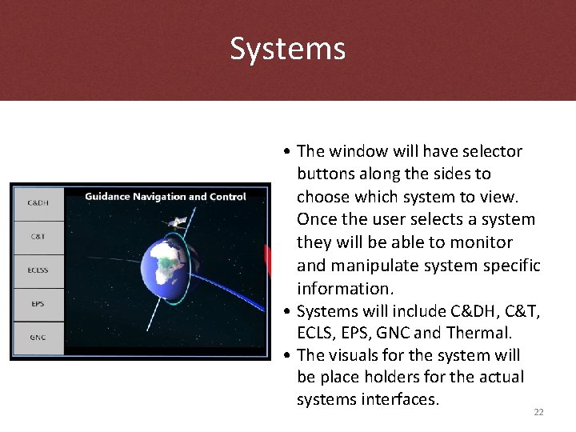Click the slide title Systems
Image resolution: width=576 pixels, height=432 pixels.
[x=288, y=49]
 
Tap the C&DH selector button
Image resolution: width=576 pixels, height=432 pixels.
[x=38, y=203]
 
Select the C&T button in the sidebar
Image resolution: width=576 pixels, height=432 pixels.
[x=38, y=237]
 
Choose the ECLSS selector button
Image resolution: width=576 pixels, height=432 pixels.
[x=38, y=270]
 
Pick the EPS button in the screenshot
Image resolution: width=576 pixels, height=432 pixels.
[x=38, y=304]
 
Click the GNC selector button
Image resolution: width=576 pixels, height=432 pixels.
[x=38, y=338]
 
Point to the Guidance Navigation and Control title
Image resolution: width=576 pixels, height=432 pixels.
[x=166, y=197]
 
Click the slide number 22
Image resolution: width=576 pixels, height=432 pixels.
[x=538, y=412]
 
